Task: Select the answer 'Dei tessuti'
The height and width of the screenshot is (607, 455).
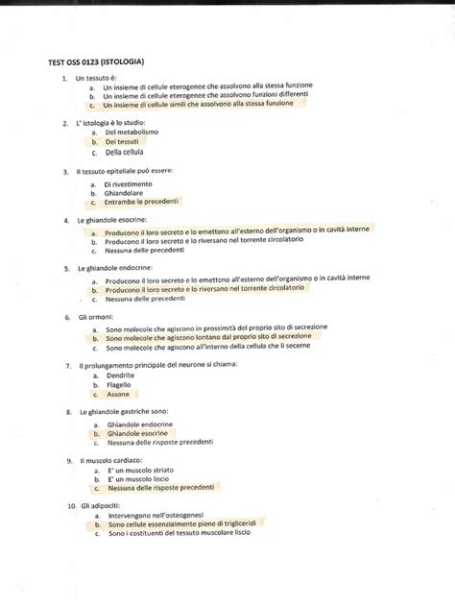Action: [x=124, y=141]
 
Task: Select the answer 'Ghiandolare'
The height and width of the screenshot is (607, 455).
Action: [x=125, y=192]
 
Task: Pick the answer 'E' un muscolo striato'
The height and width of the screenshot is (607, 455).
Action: [x=141, y=472]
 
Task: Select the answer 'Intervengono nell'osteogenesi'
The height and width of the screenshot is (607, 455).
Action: [x=156, y=516]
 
